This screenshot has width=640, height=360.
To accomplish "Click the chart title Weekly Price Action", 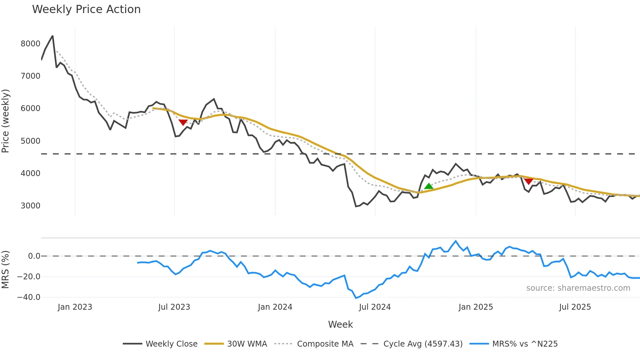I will pyautogui.click(x=86, y=9).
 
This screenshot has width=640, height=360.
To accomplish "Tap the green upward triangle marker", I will pyautogui.click(x=429, y=186).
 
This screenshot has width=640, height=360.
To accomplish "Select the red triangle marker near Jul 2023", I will pyautogui.click(x=183, y=122).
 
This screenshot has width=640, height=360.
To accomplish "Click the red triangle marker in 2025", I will pyautogui.click(x=529, y=181).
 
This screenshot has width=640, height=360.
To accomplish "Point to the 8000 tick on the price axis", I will pyautogui.click(x=30, y=44).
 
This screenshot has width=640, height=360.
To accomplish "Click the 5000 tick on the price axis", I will pyautogui.click(x=30, y=141).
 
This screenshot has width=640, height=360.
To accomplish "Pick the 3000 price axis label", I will pyautogui.click(x=30, y=206).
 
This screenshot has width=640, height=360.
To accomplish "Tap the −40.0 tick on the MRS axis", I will pyautogui.click(x=29, y=297).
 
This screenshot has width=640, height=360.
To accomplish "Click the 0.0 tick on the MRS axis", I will pyautogui.click(x=34, y=256).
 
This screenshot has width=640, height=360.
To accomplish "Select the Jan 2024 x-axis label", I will pyautogui.click(x=275, y=307).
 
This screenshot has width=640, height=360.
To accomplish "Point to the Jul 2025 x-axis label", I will pyautogui.click(x=575, y=307).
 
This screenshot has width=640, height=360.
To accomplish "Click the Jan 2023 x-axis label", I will pyautogui.click(x=75, y=307).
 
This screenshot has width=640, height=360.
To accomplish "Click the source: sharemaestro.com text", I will pyautogui.click(x=578, y=288).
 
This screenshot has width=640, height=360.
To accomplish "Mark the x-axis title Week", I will pyautogui.click(x=340, y=324).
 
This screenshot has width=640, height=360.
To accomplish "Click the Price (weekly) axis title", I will pyautogui.click(x=6, y=121).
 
